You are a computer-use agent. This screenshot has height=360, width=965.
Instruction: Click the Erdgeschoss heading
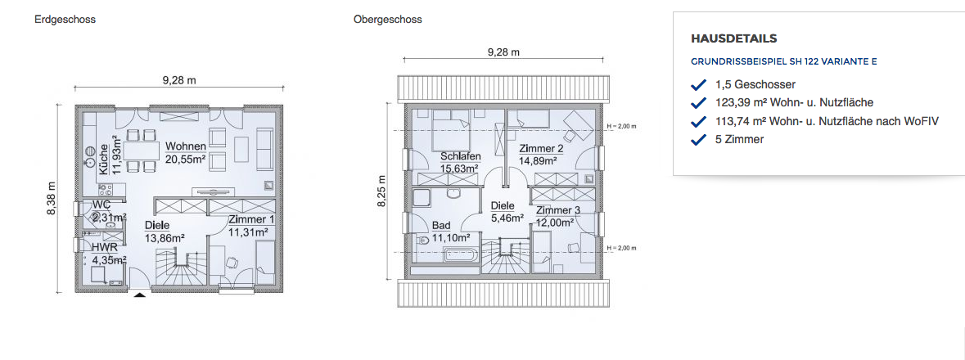(65, 20)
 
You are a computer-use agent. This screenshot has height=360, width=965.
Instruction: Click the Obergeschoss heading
(388, 20)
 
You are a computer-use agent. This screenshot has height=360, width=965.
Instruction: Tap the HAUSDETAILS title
(734, 38)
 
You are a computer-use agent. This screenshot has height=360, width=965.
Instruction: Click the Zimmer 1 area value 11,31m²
(248, 232)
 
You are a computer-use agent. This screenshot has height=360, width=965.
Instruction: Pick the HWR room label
(101, 247)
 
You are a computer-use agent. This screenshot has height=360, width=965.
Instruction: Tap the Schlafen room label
(460, 156)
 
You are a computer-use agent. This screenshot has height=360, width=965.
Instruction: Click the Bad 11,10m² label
(451, 232)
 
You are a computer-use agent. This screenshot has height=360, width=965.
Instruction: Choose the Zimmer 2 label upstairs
(542, 149)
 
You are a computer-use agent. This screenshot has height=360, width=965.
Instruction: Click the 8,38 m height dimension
(52, 198)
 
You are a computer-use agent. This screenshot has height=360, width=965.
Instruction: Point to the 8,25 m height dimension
(381, 191)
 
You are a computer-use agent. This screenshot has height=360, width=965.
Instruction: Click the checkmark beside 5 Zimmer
(698, 140)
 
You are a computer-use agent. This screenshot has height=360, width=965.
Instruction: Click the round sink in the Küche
(88, 152)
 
